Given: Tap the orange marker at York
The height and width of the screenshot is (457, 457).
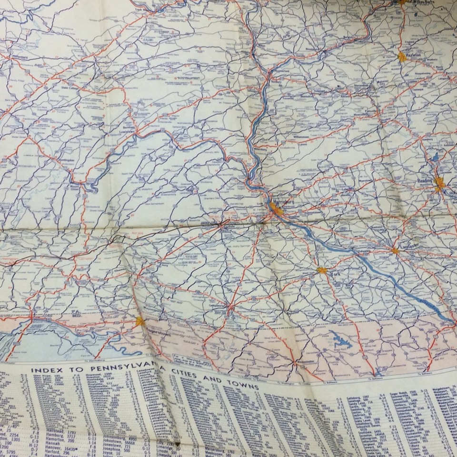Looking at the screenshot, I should pyautogui.click(x=322, y=270).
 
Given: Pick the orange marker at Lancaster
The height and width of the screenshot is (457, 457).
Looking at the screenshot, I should pyautogui.click(x=395, y=250).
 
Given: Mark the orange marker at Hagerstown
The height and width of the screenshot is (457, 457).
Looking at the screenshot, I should pyautogui.click(x=140, y=321).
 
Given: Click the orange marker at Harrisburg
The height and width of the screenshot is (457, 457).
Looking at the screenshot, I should pyautogui.click(x=275, y=208).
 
